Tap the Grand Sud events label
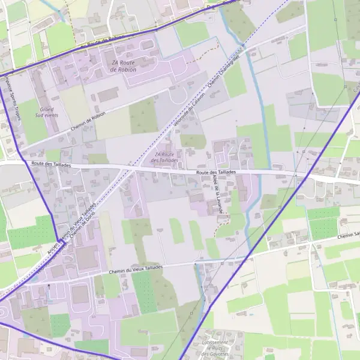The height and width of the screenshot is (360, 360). click(46, 113)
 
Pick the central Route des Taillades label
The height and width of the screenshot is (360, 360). click(215, 172)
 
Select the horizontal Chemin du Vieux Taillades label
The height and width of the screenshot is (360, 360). click(136, 271)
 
